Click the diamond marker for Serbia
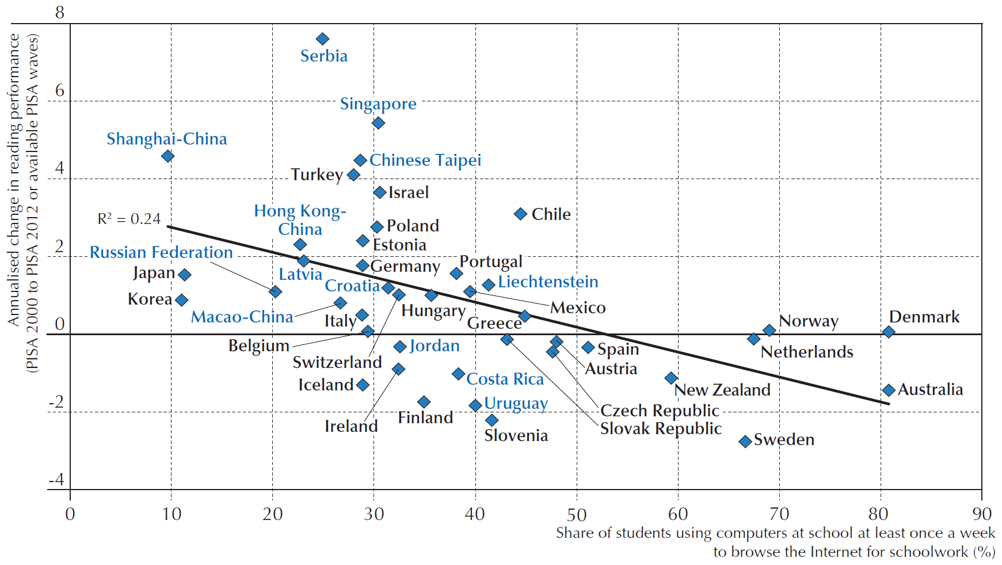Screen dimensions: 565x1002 tap(322, 39)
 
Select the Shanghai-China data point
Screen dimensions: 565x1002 tap(167, 156)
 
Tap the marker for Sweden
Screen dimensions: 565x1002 tap(745, 442)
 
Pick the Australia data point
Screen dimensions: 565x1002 tap(889, 390)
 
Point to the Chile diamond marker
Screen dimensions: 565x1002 tap(520, 214)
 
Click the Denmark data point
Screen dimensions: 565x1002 tap(889, 332)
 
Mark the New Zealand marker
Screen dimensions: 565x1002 tap(671, 378)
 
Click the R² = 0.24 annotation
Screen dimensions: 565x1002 tap(129, 219)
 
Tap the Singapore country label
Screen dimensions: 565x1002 tap(378, 104)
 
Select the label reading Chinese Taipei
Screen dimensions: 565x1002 tap(425, 160)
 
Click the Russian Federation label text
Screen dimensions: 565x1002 tap(161, 252)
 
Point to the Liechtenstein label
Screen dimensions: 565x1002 tap(548, 282)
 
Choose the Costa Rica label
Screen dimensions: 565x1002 tap(505, 379)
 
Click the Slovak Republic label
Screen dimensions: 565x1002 tap(661, 429)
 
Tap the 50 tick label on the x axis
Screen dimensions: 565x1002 tap(577, 514)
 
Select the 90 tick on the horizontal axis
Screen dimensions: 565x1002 tap(982, 514)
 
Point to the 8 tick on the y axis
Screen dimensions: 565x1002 tap(60, 13)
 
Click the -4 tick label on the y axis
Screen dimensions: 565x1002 tap(56, 480)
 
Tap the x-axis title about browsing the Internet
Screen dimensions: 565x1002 tap(775, 542)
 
